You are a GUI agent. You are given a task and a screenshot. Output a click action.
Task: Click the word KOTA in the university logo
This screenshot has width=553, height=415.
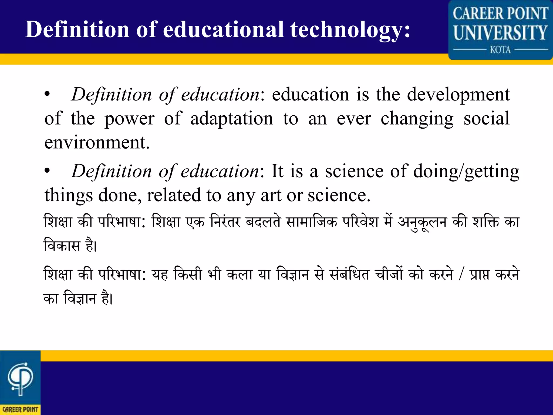(500, 50)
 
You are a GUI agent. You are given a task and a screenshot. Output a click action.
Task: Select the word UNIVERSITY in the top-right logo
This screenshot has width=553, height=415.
(500, 32)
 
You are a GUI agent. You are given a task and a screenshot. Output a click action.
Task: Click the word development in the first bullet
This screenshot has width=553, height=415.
(458, 95)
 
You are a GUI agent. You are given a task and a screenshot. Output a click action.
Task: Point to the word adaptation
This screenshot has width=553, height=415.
(232, 119)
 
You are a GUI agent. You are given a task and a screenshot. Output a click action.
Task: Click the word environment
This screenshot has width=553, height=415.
(97, 142)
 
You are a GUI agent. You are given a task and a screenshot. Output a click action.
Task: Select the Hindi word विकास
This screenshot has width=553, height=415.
(62, 245)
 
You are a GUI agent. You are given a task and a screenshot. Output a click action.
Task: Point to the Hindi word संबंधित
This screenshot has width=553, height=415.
(350, 275)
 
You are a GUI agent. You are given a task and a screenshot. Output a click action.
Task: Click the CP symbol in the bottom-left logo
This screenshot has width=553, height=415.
(21, 379)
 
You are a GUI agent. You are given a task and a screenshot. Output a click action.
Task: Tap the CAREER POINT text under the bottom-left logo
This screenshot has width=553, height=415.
(20, 410)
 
